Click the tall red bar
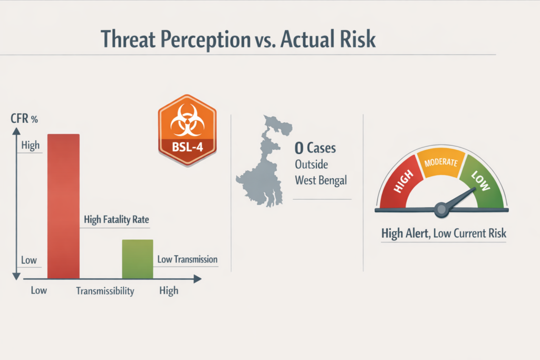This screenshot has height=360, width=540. (x=63, y=206)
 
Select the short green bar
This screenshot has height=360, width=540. (x=138, y=259)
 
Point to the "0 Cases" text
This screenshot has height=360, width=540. (x=315, y=148)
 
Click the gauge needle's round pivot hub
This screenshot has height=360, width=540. (x=441, y=209)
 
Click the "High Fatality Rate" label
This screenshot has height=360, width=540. (x=116, y=220)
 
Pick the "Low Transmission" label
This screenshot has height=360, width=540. (x=187, y=259)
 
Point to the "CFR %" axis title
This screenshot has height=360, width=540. (x=24, y=119)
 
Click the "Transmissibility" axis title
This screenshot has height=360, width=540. (x=105, y=291)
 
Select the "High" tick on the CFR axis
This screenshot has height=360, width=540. (x=30, y=145)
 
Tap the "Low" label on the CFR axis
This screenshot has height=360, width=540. (x=28, y=260)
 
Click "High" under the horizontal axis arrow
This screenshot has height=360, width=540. (x=168, y=290)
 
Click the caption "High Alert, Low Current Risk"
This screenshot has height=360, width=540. (x=443, y=232)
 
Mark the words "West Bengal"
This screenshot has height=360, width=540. (x=321, y=180)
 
